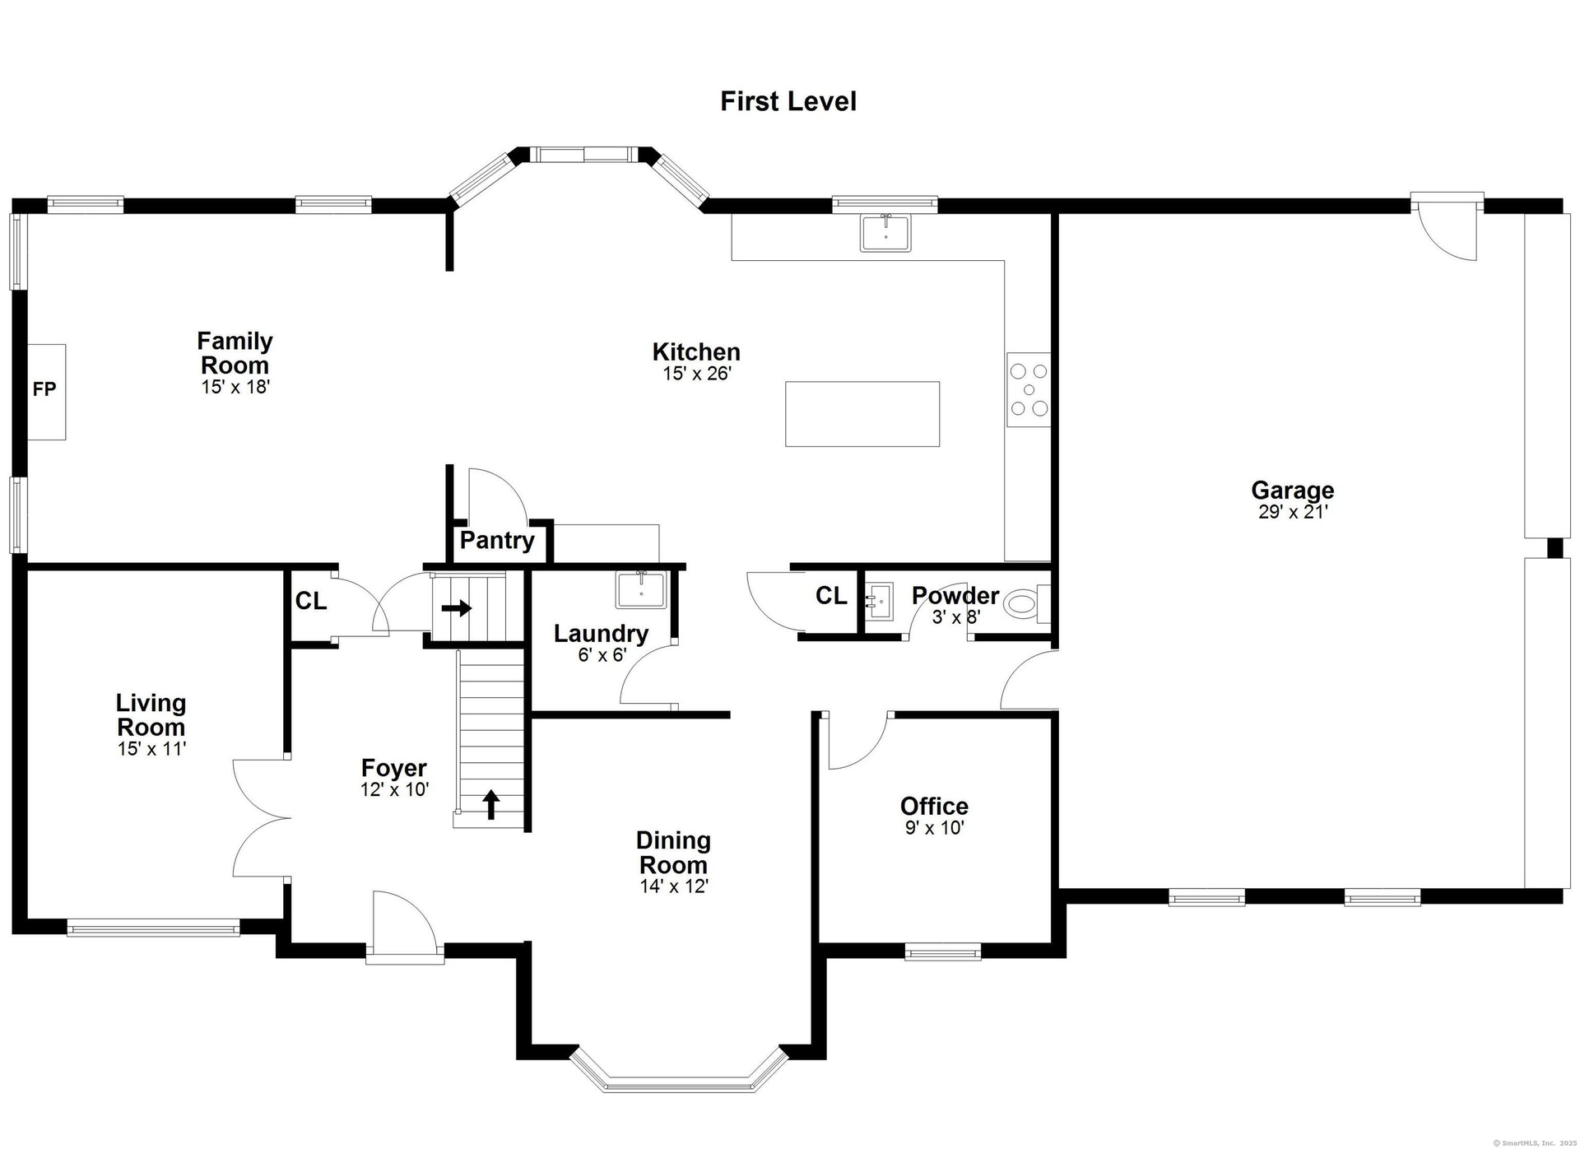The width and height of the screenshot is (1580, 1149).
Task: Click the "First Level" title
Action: click(x=788, y=101)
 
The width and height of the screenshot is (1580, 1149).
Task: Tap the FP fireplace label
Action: click(x=44, y=389)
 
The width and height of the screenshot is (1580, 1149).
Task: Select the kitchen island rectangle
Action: click(x=862, y=414)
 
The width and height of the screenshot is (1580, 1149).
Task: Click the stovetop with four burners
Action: click(x=1029, y=389)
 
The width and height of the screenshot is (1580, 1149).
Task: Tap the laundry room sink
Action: click(x=640, y=590)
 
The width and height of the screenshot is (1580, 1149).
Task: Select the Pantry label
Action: click(x=497, y=541)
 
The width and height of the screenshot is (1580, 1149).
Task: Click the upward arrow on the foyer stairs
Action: click(x=491, y=804)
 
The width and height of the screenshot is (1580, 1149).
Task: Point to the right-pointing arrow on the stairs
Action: click(x=457, y=608)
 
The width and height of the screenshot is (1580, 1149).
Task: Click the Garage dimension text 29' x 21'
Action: click(x=1293, y=512)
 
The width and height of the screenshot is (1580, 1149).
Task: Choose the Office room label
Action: click(x=934, y=806)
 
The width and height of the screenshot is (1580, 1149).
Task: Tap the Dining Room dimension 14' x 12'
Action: click(x=674, y=886)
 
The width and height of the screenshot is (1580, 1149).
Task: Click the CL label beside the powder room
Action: click(x=831, y=595)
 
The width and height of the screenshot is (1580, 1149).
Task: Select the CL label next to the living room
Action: click(x=311, y=602)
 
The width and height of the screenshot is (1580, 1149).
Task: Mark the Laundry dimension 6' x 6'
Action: click(x=602, y=655)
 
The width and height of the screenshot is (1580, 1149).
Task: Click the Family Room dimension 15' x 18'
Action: click(x=235, y=387)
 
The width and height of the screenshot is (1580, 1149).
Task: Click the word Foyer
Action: click(x=394, y=768)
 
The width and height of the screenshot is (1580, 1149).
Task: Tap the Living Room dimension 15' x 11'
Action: click(x=151, y=749)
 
